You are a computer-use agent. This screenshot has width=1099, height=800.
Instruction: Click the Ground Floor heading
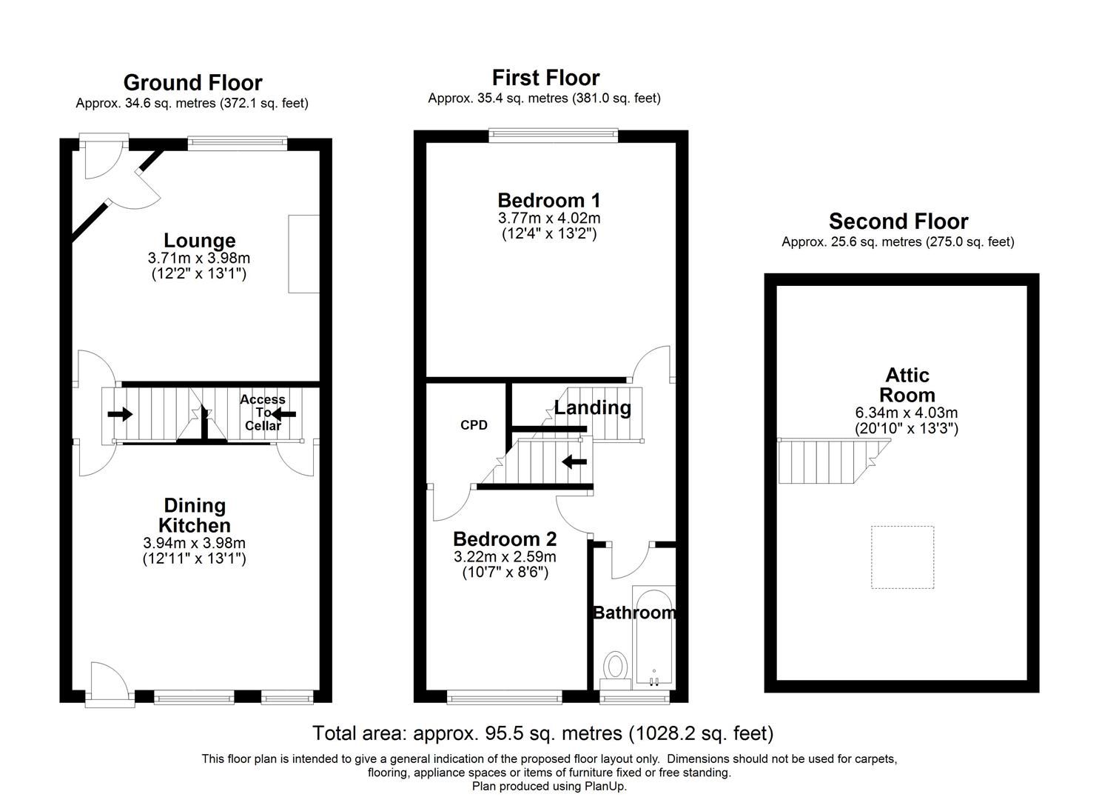(192, 82)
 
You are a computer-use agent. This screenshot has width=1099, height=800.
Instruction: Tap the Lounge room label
(199, 241)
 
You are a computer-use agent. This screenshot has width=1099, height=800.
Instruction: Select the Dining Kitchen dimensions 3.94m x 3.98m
(194, 543)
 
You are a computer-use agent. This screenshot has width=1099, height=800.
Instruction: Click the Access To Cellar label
(263, 413)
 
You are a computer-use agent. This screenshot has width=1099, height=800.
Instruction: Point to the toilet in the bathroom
(615, 664)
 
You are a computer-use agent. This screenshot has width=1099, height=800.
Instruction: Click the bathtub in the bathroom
(653, 636)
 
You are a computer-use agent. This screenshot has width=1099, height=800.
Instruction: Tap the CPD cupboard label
(474, 425)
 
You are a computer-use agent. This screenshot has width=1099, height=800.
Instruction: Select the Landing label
(592, 407)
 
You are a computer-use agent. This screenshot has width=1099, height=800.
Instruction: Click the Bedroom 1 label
(548, 201)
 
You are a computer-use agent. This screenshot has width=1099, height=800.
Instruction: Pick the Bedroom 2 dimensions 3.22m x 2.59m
(505, 557)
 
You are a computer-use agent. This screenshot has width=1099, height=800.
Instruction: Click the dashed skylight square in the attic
(901, 557)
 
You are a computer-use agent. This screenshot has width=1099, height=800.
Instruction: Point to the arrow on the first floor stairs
(574, 462)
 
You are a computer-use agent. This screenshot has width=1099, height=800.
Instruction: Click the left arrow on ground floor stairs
(119, 413)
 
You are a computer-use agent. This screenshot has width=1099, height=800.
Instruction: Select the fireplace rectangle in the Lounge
(303, 253)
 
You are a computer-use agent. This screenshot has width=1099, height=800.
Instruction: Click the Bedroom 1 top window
(553, 134)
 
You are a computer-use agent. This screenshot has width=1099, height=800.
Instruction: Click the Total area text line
(542, 733)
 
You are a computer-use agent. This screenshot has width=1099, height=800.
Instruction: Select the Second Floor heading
(898, 221)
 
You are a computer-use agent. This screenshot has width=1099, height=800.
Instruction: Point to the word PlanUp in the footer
(606, 787)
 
